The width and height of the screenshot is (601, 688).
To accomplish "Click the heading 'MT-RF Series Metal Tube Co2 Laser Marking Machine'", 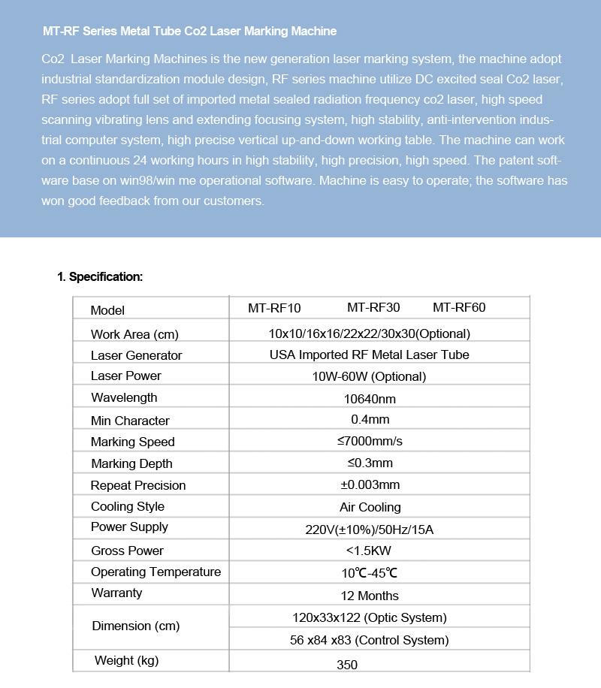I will [x=189, y=32].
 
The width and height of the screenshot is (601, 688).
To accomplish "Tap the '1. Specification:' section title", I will [x=100, y=277].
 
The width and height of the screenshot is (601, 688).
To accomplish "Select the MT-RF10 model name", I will [x=274, y=308].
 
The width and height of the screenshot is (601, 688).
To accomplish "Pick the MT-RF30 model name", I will [x=373, y=308].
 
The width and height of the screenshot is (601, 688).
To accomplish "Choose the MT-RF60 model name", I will [x=459, y=308].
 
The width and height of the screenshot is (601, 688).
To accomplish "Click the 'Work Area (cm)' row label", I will [x=134, y=334].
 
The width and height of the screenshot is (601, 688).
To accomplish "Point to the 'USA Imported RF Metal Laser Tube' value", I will [x=369, y=355].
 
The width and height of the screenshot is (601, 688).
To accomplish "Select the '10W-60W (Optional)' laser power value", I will [x=369, y=376].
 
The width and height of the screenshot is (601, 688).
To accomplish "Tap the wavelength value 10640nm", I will [x=370, y=399].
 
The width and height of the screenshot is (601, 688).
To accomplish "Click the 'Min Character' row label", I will [x=130, y=421].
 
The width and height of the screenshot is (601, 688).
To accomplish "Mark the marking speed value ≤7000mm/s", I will [x=370, y=441].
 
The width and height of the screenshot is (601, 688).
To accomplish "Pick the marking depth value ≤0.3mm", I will [x=370, y=463].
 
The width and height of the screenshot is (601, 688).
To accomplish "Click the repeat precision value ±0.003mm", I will [x=370, y=484].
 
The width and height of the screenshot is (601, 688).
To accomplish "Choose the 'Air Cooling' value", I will [x=370, y=507].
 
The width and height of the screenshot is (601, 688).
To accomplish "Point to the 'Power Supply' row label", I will [x=129, y=527].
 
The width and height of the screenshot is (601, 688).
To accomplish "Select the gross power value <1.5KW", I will [x=370, y=551].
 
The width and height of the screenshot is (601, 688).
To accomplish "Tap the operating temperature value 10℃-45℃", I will [x=370, y=573].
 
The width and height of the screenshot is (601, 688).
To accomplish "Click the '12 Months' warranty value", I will [x=370, y=596].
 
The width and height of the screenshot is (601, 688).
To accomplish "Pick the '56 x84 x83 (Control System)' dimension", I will [x=369, y=640].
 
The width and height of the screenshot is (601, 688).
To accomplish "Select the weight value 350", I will [x=347, y=665].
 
